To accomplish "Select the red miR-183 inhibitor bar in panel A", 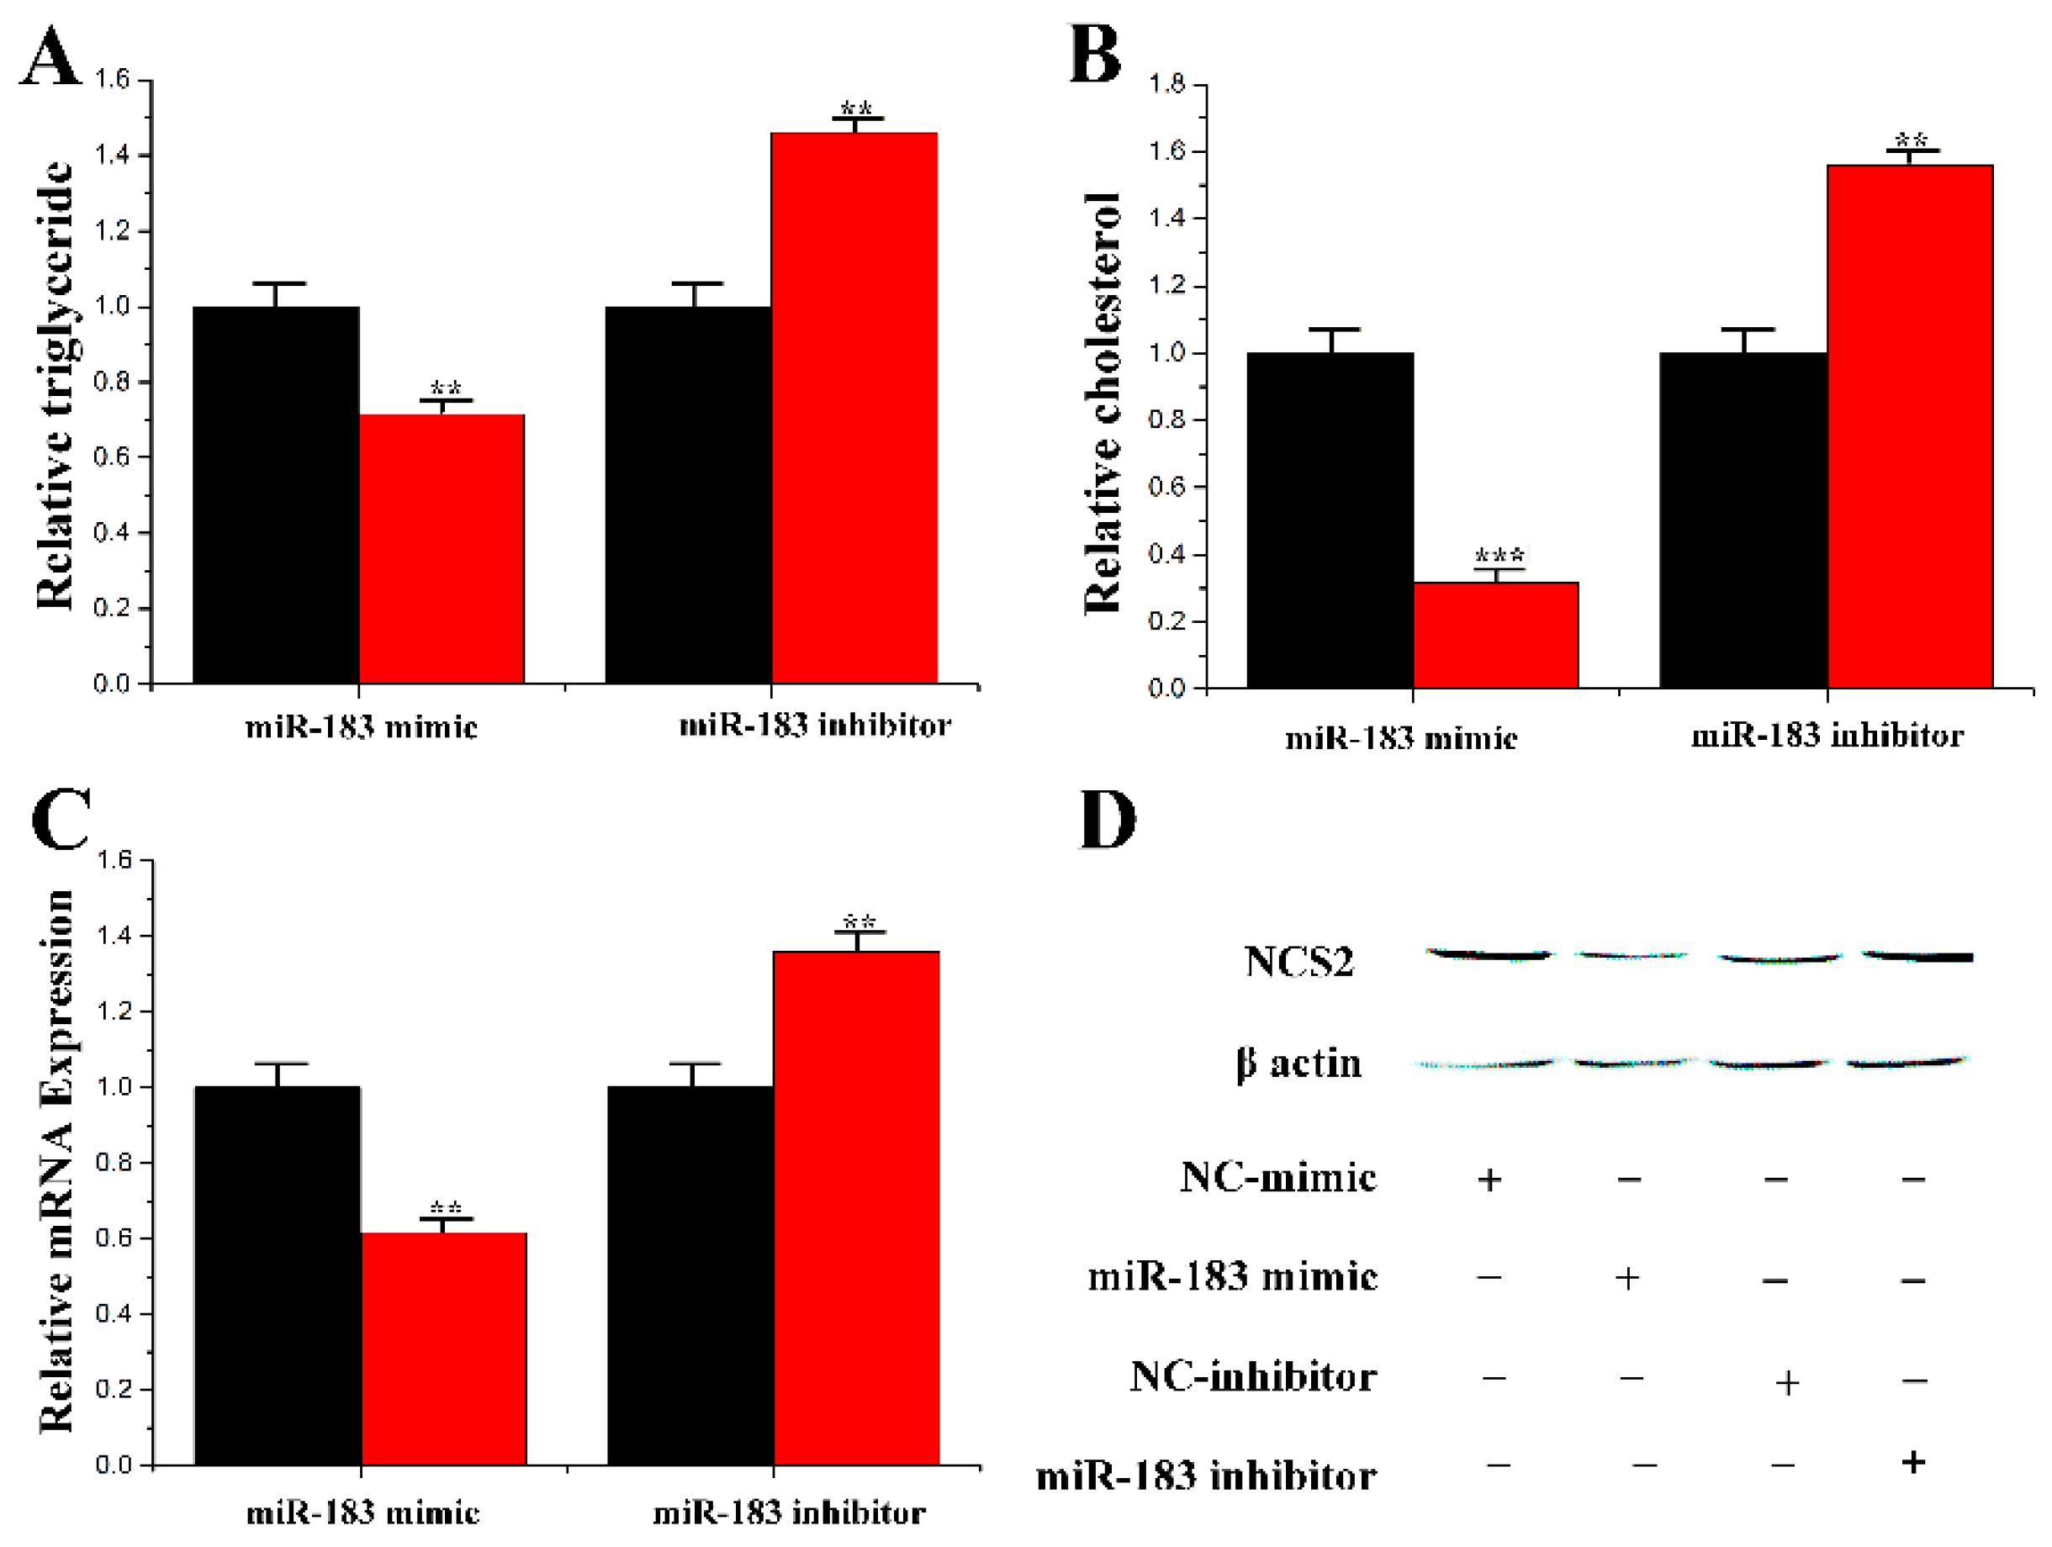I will click(854, 408).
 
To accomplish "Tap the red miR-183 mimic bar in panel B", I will click(1495, 636).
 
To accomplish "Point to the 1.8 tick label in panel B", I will click(1168, 84).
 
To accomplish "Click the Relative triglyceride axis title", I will click(56, 385).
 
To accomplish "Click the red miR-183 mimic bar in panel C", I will click(443, 1349).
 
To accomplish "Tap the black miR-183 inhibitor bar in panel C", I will click(690, 1275).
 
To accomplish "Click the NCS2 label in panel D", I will click(1298, 962).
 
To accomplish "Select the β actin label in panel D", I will click(1298, 1064).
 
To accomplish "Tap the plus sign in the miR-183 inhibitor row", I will click(1913, 1463).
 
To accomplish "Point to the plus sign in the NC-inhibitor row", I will click(1787, 1383).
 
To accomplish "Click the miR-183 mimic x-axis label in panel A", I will click(362, 726).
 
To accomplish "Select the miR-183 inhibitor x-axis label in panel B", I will click(1827, 736).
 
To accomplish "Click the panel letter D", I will click(1108, 820).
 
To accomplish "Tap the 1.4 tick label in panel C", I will click(115, 935).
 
